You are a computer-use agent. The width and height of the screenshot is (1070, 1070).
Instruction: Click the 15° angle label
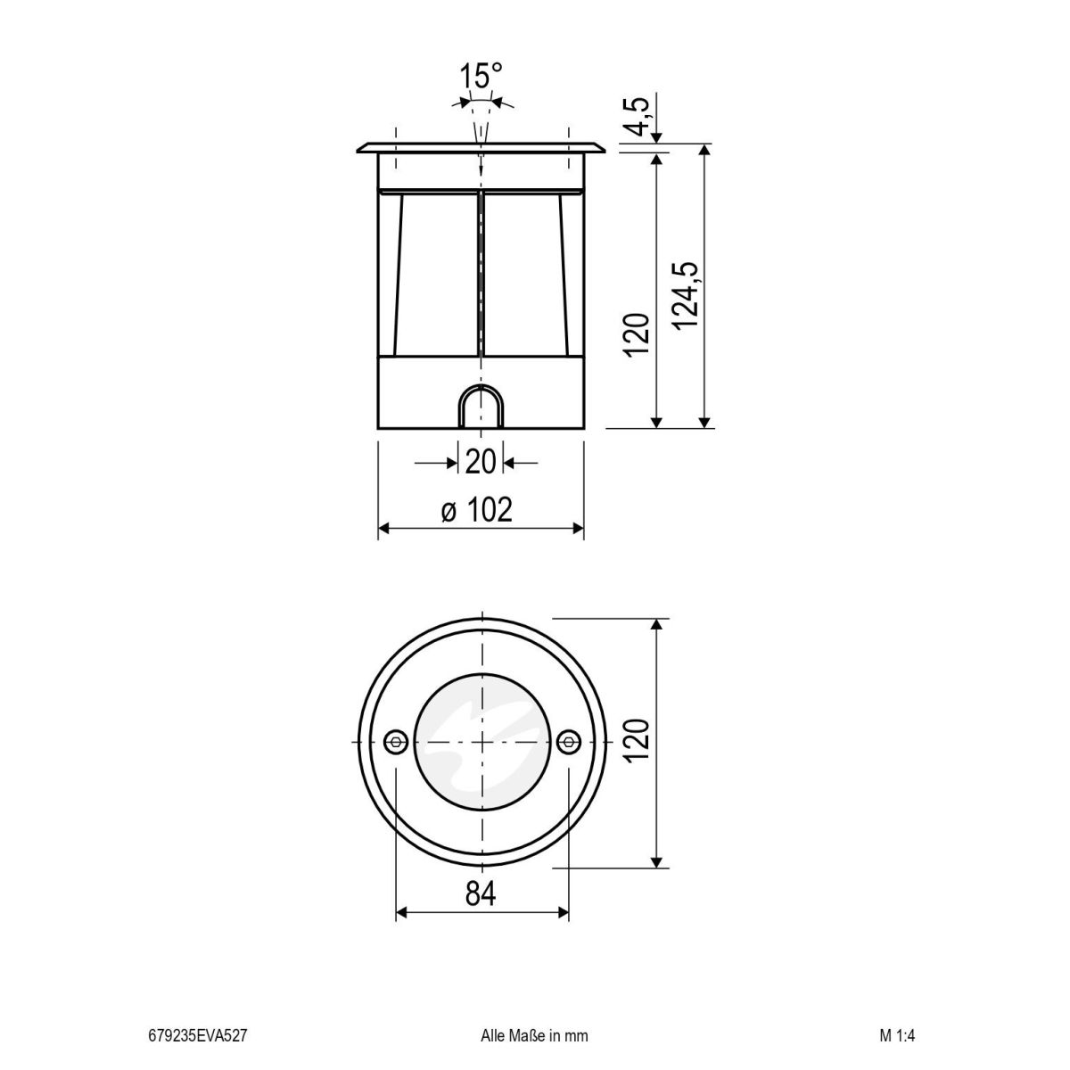(x=481, y=76)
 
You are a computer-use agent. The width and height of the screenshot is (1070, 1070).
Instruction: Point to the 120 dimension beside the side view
(x=637, y=334)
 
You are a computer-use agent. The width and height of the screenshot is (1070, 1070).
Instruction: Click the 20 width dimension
(x=480, y=463)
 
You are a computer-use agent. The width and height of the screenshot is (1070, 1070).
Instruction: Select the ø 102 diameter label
(x=477, y=511)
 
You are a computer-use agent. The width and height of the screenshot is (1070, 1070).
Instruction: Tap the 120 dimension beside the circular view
(x=637, y=742)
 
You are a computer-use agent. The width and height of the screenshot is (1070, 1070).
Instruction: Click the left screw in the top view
(x=395, y=742)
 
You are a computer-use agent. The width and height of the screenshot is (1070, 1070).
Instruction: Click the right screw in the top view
(x=568, y=742)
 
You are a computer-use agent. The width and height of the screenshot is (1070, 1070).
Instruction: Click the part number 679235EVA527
(x=197, y=1036)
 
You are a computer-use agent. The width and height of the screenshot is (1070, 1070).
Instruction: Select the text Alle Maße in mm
(x=534, y=1036)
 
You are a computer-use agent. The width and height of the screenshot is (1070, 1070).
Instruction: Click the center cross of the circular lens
(x=481, y=742)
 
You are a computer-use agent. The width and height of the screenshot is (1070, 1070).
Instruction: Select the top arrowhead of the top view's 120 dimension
(x=657, y=625)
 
